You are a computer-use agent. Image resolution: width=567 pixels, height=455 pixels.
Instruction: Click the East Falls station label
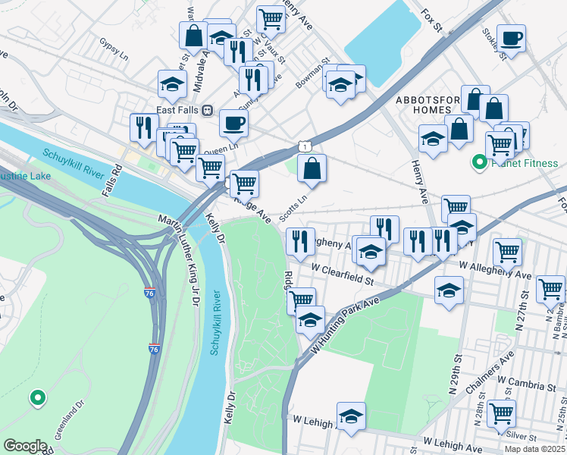pos(177,110)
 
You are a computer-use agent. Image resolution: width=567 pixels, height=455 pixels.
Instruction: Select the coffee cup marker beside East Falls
pos(233,123)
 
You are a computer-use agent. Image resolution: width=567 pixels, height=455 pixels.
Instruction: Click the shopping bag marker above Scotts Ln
pos(312,168)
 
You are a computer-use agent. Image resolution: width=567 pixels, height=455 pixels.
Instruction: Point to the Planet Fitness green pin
pos(479,162)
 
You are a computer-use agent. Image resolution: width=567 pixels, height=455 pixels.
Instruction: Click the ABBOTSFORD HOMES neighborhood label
pos(421,105)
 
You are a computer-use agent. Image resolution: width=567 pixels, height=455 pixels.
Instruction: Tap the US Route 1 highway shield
pos(304,144)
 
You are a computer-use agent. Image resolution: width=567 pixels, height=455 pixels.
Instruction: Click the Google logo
pos(26,445)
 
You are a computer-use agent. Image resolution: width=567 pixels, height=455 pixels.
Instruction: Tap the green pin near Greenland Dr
pos(36,397)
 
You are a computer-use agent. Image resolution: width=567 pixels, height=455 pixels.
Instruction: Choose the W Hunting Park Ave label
pos(345,323)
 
